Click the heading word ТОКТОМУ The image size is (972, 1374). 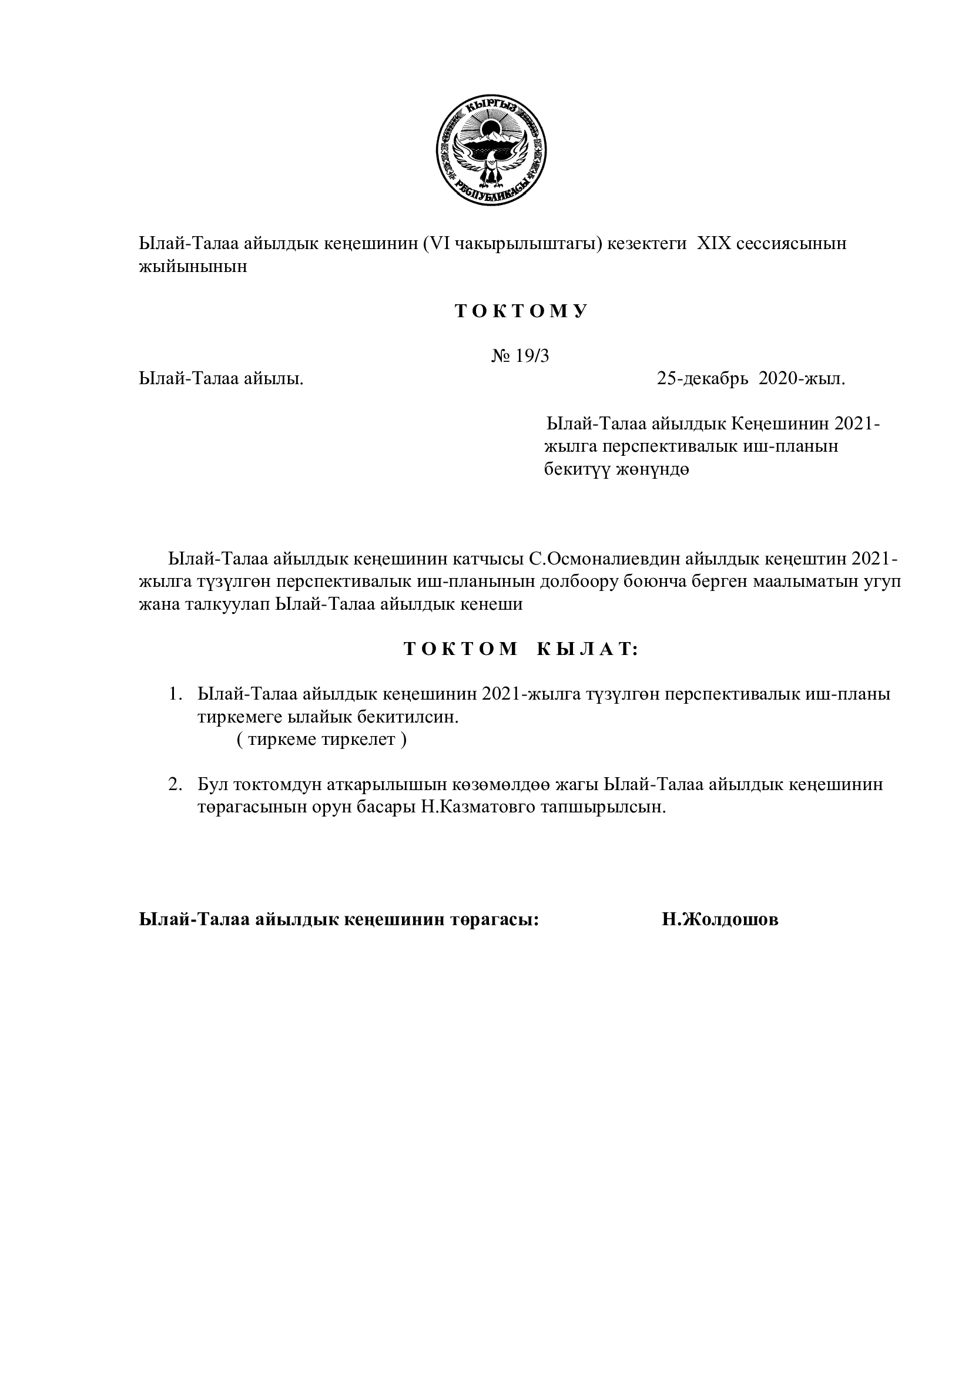(x=521, y=312)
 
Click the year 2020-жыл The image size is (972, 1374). (x=802, y=379)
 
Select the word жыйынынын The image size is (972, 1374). (x=193, y=266)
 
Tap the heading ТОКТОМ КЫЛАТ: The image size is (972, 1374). (x=521, y=649)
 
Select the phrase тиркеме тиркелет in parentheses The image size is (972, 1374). (x=321, y=740)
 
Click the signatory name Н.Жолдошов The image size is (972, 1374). (x=720, y=920)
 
